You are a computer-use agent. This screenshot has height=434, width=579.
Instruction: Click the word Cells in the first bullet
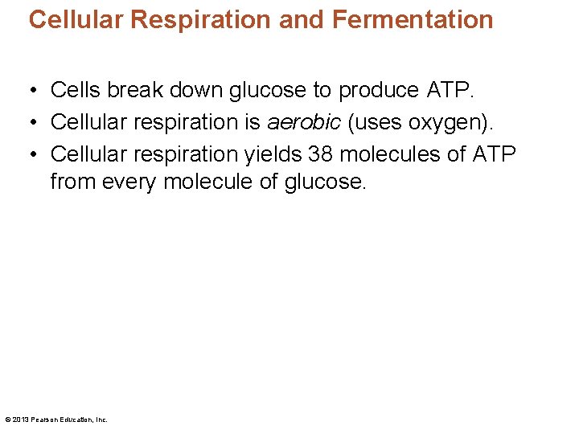76,91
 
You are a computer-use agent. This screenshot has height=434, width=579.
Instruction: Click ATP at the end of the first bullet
450,91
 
